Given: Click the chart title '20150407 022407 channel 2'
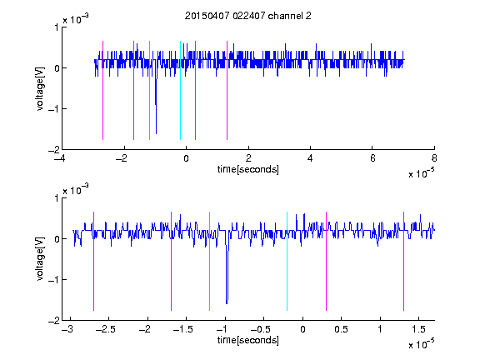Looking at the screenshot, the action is coord(248,16).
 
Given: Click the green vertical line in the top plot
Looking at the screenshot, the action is coord(149,90).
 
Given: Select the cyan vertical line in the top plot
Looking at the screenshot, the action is coord(180,90).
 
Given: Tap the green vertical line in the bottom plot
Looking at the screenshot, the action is coord(209,261).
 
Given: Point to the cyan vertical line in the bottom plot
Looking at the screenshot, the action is coord(287,261).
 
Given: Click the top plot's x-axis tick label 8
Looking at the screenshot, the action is coord(434,158).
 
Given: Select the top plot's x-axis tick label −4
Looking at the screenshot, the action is coord(59,158).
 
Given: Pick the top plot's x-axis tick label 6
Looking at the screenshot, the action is coord(372,158).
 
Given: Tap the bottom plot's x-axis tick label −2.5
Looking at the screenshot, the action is coord(105,329).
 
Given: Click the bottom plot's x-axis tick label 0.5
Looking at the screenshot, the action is coord(341,329).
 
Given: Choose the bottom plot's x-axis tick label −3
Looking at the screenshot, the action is coord(67,329).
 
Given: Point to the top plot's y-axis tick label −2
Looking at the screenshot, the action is coord(53,150).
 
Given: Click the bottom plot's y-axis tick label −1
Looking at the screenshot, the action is coord(53,280).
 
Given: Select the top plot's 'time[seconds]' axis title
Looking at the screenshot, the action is coord(248,169).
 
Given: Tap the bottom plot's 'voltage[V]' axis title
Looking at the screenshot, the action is coord(40,259).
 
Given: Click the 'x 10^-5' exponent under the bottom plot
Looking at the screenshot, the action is coord(422,343).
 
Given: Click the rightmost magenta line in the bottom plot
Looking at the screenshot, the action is coord(403,261).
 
